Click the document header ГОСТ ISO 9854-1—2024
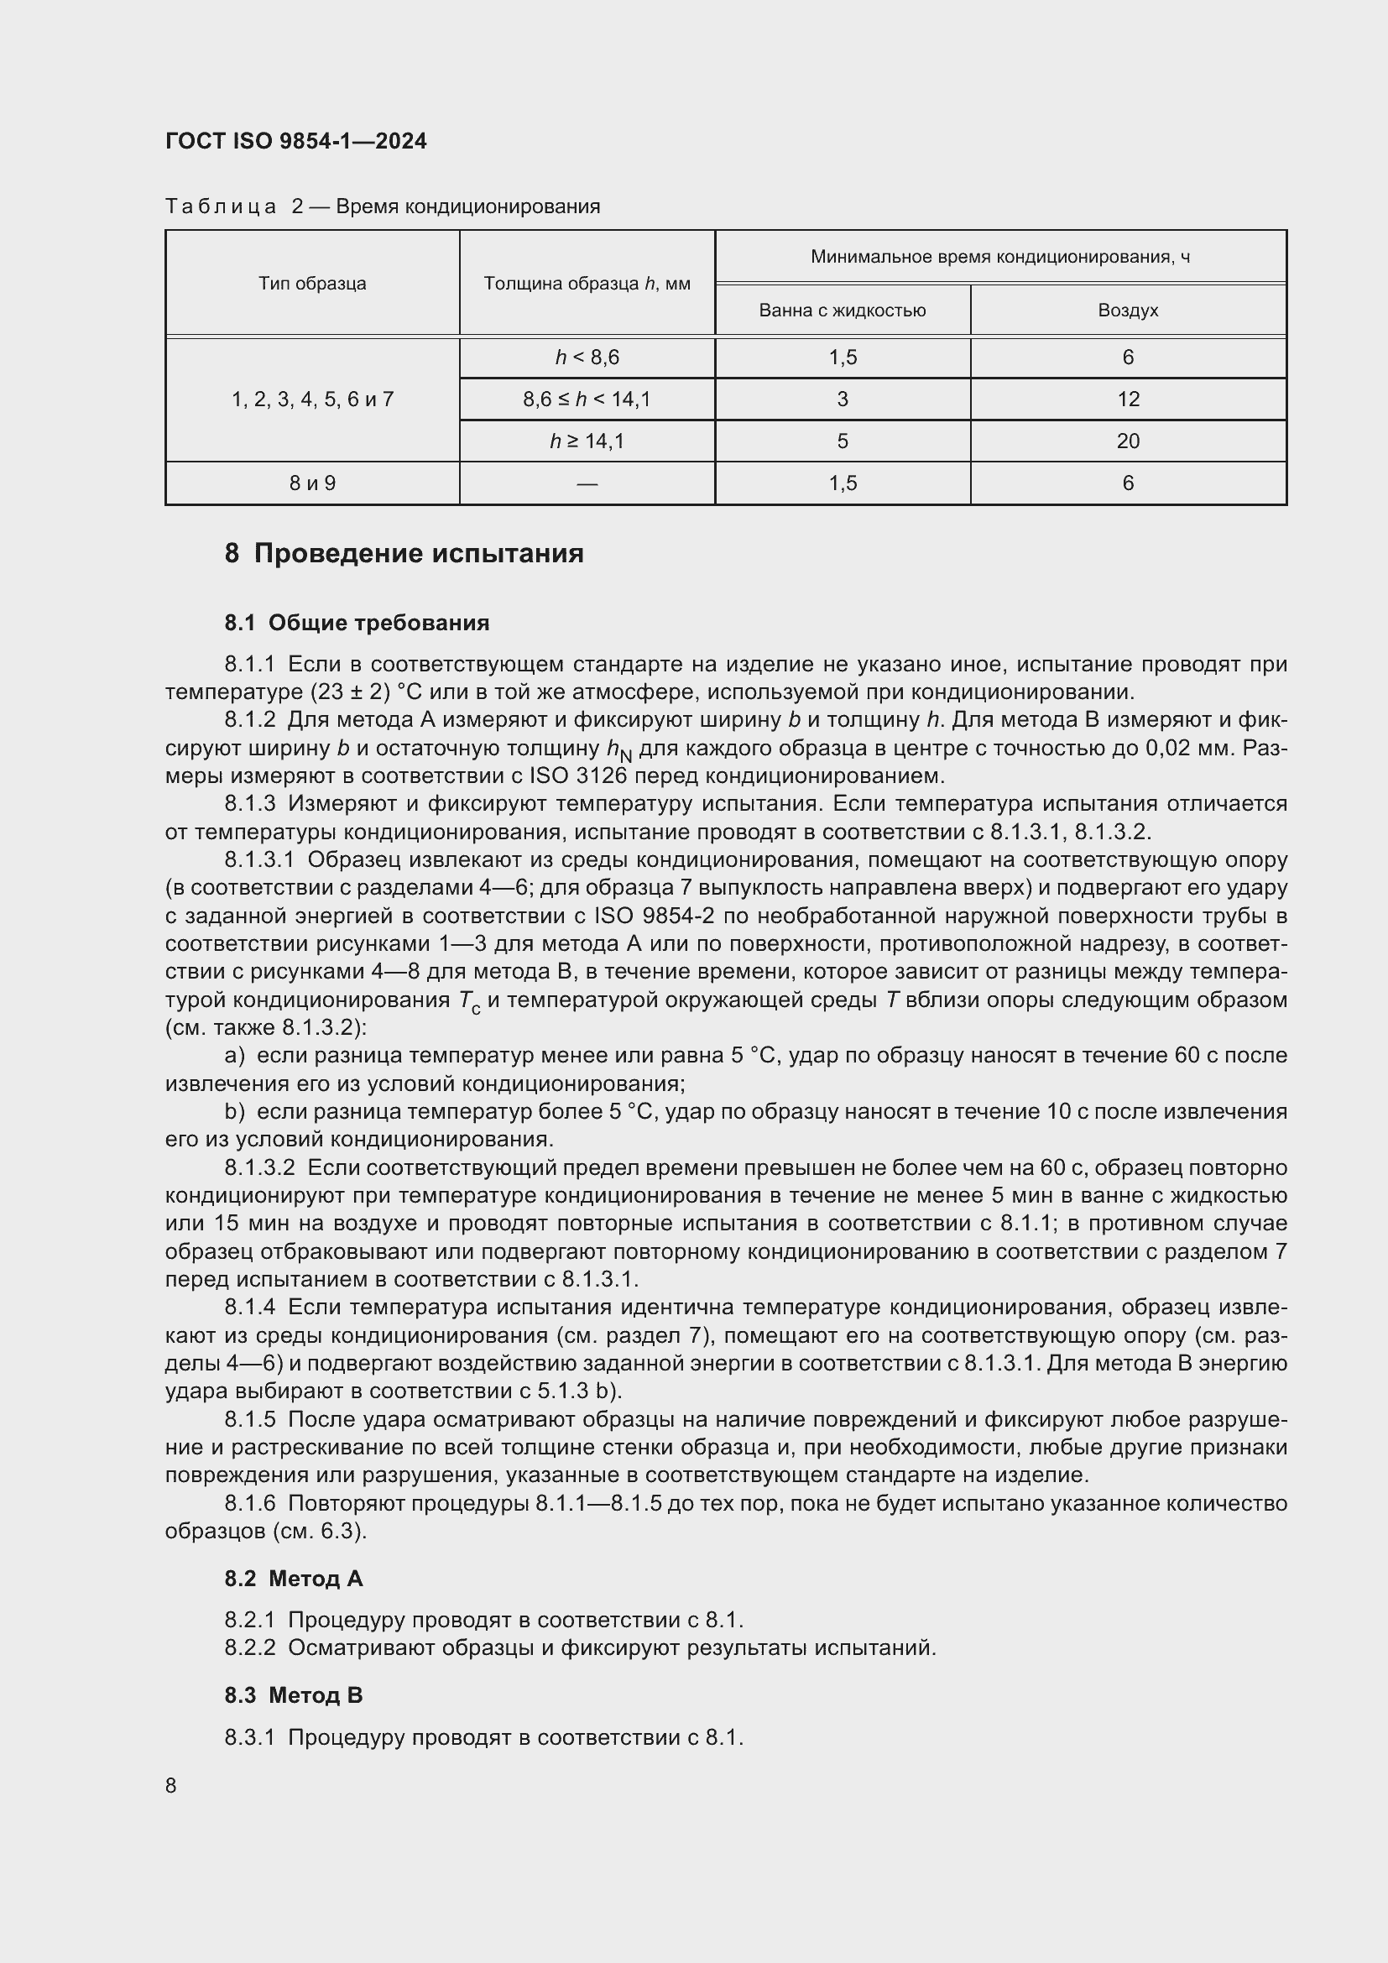[295, 141]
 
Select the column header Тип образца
[312, 283]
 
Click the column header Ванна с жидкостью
[842, 311]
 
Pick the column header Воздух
[1127, 311]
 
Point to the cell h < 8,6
[587, 358]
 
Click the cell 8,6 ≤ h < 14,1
[587, 399]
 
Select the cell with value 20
[1127, 441]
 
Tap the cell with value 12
[1127, 399]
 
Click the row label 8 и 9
[312, 483]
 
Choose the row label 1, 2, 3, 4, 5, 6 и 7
[312, 399]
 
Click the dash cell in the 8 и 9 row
[587, 484]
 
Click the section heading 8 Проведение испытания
[404, 553]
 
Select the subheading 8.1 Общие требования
[357, 623]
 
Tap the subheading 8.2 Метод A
[293, 1579]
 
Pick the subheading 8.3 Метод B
[293, 1694]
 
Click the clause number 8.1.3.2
[259, 1167]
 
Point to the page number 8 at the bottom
[171, 1785]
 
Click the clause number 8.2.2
[249, 1647]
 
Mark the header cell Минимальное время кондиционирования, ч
[999, 257]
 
